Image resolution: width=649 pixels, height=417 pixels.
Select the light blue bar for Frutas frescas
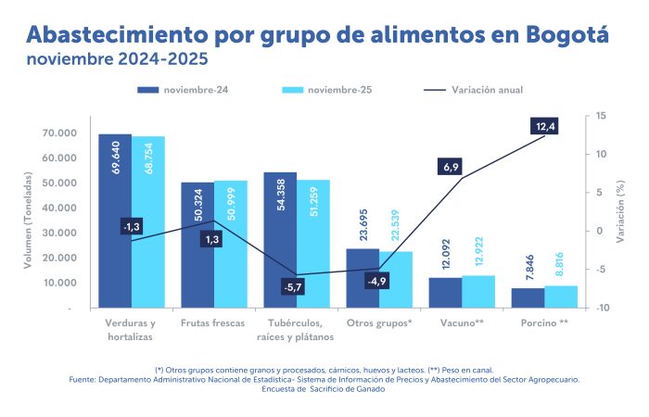point(231,245)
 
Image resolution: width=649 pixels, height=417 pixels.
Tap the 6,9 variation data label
point(452,167)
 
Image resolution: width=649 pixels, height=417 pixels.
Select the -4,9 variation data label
point(376,281)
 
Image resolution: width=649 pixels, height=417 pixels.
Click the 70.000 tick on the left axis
point(59,133)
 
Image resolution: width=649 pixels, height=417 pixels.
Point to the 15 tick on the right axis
point(601,116)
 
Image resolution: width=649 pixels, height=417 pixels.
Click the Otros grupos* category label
point(378,323)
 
